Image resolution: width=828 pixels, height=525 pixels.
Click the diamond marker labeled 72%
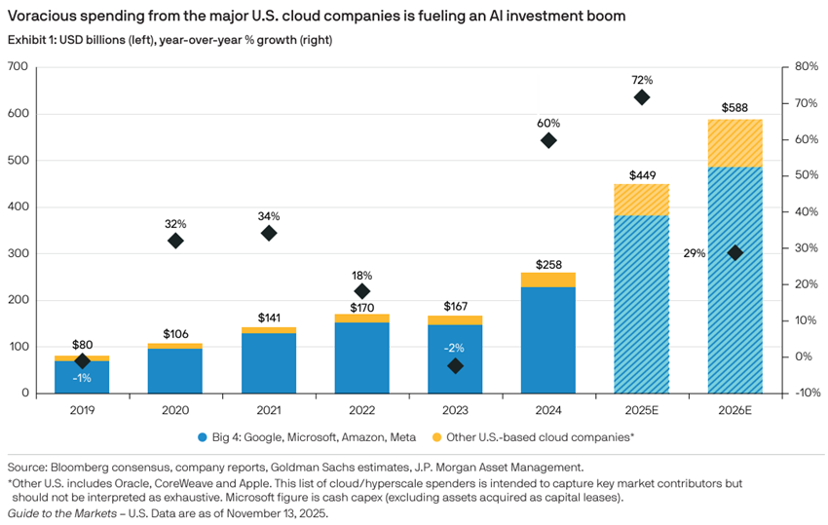[642, 97]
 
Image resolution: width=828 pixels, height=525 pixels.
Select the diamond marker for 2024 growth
[548, 140]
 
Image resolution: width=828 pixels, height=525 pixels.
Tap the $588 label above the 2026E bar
[734, 107]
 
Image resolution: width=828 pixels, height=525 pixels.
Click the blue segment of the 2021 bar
[269, 362]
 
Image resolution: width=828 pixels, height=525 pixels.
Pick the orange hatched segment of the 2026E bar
[734, 143]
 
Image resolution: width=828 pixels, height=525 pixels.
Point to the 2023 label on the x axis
[455, 410]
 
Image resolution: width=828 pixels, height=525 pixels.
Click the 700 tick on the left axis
[19, 66]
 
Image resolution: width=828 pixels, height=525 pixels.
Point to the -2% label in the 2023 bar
[454, 348]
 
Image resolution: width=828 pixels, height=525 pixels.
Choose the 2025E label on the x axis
[642, 410]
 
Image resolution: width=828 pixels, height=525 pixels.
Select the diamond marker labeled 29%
[735, 252]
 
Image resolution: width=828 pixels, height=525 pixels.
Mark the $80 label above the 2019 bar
[82, 345]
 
